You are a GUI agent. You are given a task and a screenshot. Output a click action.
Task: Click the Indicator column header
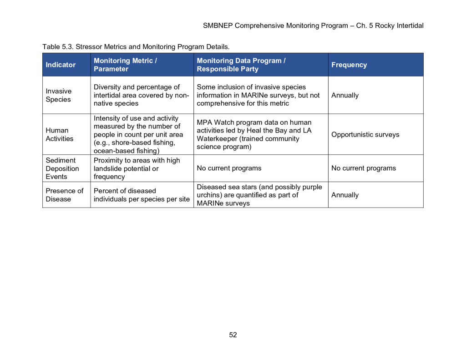[61, 65]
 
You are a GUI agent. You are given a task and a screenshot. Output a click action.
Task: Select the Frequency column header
[349, 65]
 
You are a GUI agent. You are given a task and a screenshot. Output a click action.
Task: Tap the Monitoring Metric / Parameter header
[126, 65]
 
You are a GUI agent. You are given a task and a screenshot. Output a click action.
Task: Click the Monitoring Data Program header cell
[241, 65]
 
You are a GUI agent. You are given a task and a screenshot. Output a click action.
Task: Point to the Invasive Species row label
[58, 95]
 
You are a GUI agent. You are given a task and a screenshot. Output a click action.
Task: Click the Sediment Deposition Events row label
[62, 168]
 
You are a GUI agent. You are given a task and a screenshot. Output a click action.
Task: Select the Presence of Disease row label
[64, 195]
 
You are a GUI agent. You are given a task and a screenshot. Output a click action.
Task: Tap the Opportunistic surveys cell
[365, 135]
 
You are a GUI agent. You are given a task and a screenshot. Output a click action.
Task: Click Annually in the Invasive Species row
[345, 96]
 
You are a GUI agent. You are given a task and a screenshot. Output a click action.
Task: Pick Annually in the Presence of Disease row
[345, 195]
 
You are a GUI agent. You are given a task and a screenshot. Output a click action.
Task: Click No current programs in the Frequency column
[363, 168]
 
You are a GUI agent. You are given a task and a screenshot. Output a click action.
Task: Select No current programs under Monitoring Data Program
[229, 168]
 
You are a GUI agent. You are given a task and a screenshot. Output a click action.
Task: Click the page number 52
[233, 335]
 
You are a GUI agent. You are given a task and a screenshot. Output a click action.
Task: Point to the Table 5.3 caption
[136, 47]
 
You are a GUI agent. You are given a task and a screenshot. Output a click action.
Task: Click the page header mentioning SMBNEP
[313, 25]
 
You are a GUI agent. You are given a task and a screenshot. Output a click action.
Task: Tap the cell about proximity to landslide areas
[137, 168]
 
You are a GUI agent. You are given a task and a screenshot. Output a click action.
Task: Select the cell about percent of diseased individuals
[141, 195]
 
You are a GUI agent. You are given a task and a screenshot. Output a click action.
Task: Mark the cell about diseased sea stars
[259, 195]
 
